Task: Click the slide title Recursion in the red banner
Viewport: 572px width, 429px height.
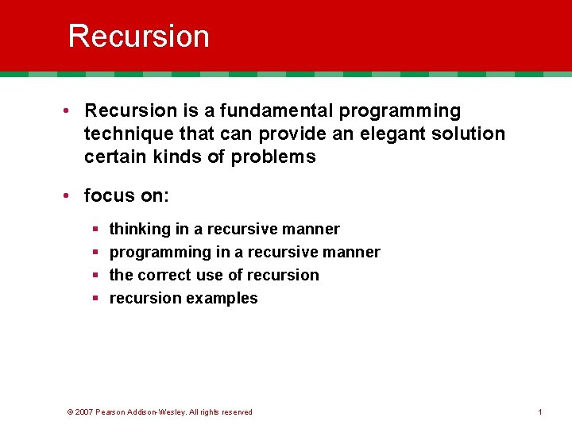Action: click(x=138, y=37)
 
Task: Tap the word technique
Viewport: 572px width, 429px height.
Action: click(x=123, y=133)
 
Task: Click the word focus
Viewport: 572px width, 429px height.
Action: click(x=107, y=195)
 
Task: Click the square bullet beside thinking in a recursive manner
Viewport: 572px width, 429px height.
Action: click(x=95, y=230)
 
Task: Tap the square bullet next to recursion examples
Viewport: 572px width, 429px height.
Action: click(x=95, y=299)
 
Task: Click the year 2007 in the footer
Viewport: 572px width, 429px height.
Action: click(x=84, y=412)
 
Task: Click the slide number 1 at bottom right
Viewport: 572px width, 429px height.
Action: click(x=539, y=412)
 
